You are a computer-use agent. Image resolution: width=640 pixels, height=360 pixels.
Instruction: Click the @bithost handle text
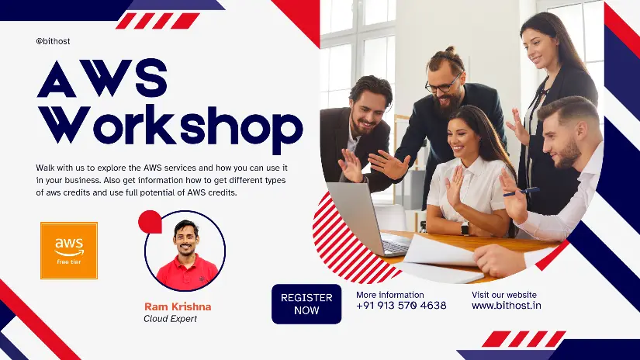click(53, 41)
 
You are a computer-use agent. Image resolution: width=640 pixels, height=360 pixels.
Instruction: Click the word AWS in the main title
click(102, 78)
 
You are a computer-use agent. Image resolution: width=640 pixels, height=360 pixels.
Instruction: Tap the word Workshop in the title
click(171, 126)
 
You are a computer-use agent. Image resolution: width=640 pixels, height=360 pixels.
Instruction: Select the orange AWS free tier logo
click(69, 251)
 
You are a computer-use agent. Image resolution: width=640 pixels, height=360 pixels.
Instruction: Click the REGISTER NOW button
click(306, 304)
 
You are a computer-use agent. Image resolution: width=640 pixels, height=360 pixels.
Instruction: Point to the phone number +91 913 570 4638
click(401, 306)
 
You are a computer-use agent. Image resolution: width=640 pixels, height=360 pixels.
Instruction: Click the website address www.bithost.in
click(507, 306)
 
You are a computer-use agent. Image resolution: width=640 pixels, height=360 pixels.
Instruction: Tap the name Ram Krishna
click(178, 307)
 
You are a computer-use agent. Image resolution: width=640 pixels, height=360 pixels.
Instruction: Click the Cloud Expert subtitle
click(170, 319)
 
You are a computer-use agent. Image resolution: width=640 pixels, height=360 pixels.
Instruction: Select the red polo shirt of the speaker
click(187, 272)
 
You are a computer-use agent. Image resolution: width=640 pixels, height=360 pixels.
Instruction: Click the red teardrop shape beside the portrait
click(150, 222)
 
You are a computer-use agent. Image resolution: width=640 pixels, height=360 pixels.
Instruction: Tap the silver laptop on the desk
click(368, 218)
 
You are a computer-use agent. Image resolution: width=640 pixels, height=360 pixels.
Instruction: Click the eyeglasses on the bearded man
click(442, 85)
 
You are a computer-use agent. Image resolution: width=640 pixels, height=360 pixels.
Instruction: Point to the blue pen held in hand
click(521, 192)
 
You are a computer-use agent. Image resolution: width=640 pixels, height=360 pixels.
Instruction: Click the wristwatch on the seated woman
click(465, 228)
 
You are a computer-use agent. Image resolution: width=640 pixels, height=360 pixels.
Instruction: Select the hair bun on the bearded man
click(449, 50)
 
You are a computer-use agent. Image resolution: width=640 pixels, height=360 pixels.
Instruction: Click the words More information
click(389, 295)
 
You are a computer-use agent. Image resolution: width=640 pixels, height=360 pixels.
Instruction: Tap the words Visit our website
click(504, 295)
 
